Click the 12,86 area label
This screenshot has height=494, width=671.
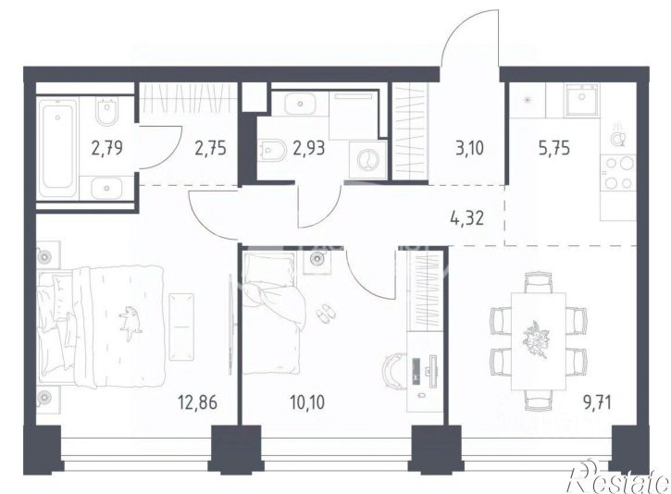pyautogui.click(x=198, y=402)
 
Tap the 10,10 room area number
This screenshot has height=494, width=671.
pyautogui.click(x=307, y=402)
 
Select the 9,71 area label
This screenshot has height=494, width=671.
pyautogui.click(x=596, y=402)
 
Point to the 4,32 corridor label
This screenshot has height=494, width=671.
pyautogui.click(x=466, y=218)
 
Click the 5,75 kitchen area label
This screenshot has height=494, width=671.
pyautogui.click(x=554, y=149)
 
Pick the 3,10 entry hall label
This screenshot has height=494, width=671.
pyautogui.click(x=469, y=149)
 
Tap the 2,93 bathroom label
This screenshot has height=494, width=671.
pyautogui.click(x=309, y=148)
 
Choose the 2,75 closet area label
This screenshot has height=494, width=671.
pyautogui.click(x=210, y=148)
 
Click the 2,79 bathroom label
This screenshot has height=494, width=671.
pyautogui.click(x=107, y=148)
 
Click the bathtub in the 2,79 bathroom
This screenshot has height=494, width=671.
pyautogui.click(x=57, y=148)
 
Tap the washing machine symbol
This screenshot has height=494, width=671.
pyautogui.click(x=367, y=160)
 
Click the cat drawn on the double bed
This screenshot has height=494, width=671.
pyautogui.click(x=130, y=323)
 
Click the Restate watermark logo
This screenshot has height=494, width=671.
pyautogui.click(x=617, y=478)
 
